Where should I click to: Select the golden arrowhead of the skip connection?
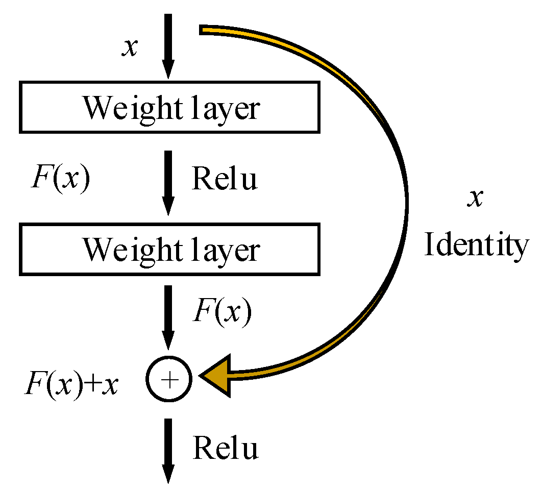(x=217, y=376)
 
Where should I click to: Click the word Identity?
(x=476, y=246)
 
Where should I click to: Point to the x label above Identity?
(x=475, y=198)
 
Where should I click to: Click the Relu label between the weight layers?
(x=224, y=180)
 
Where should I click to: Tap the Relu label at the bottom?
(x=225, y=448)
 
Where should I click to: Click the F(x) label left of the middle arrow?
(x=60, y=180)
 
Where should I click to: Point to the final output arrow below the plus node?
(x=168, y=449)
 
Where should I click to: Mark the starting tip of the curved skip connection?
(x=203, y=31)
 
